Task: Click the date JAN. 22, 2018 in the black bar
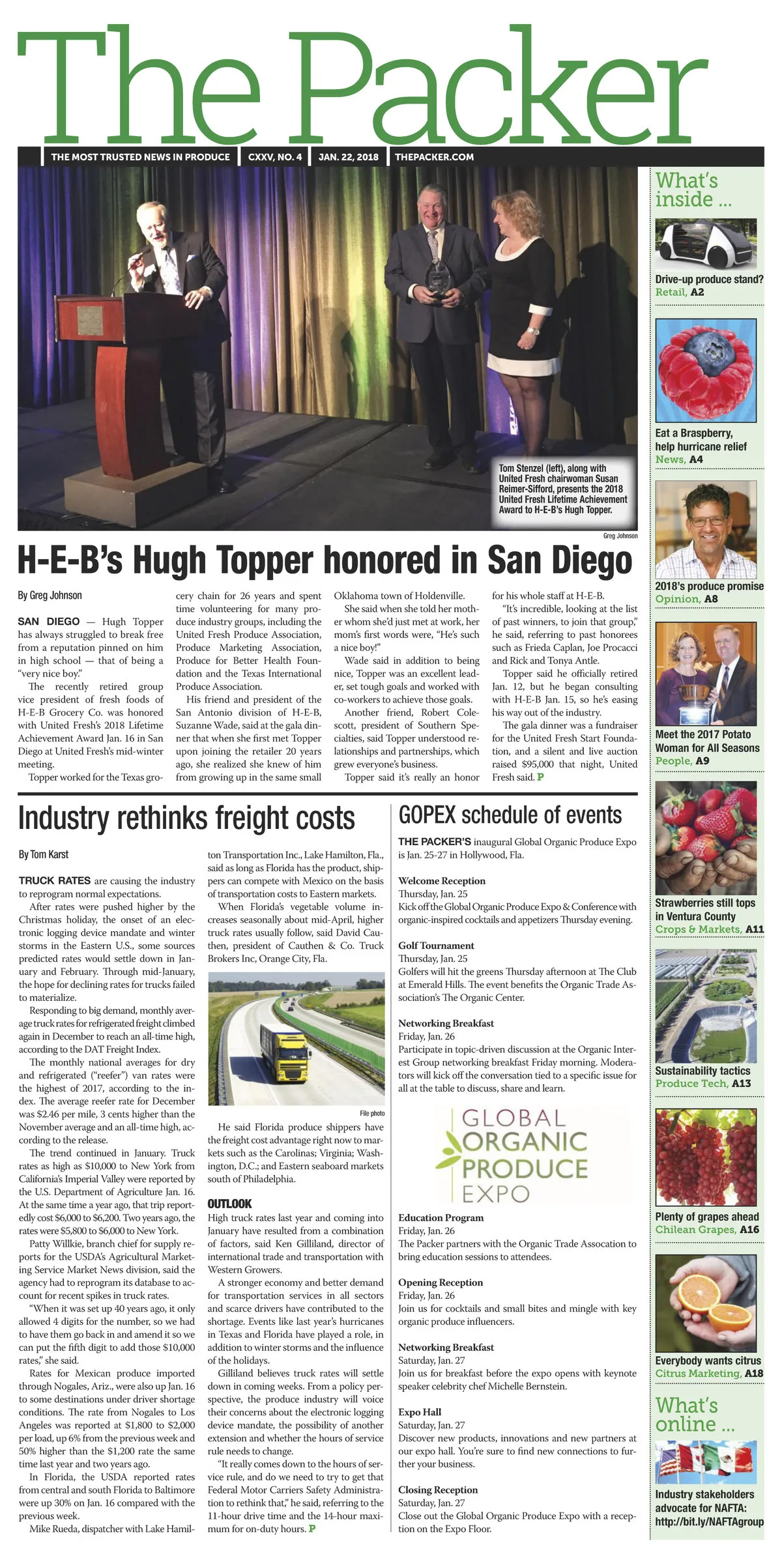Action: pyautogui.click(x=348, y=157)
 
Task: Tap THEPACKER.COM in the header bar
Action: pyautogui.click(x=434, y=157)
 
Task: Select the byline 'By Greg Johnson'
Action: pyautogui.click(x=50, y=595)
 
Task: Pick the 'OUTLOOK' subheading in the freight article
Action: pyautogui.click(x=229, y=1204)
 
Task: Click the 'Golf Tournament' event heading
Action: pyautogui.click(x=436, y=946)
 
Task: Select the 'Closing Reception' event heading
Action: pyautogui.click(x=438, y=1490)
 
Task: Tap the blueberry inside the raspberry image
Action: pyautogui.click(x=705, y=354)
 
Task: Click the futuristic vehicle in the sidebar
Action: pyautogui.click(x=706, y=244)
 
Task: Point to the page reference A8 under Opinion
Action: pyautogui.click(x=711, y=599)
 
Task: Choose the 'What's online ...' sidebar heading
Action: pyautogui.click(x=695, y=1415)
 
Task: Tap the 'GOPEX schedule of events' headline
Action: pyautogui.click(x=510, y=815)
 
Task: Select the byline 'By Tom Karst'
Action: pyautogui.click(x=44, y=854)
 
